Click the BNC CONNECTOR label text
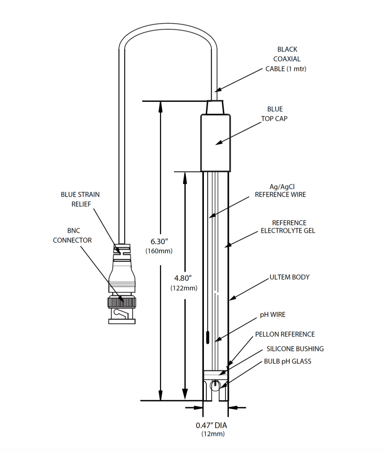pyautogui.click(x=72, y=235)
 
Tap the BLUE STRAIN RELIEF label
pyautogui.click(x=80, y=199)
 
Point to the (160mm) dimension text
pyautogui.click(x=159, y=251)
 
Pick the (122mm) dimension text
pyautogui.click(x=184, y=287)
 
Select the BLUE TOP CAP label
pyautogui.click(x=274, y=114)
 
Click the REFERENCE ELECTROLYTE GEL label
pyautogui.click(x=288, y=226)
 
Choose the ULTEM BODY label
pyautogui.click(x=289, y=277)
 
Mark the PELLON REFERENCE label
pyautogui.click(x=285, y=334)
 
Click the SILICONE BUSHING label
pyautogui.click(x=295, y=349)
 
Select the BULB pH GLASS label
pyautogui.click(x=287, y=361)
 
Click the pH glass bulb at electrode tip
pyautogui.click(x=215, y=385)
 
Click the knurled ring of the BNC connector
pyautogui.click(x=122, y=301)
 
